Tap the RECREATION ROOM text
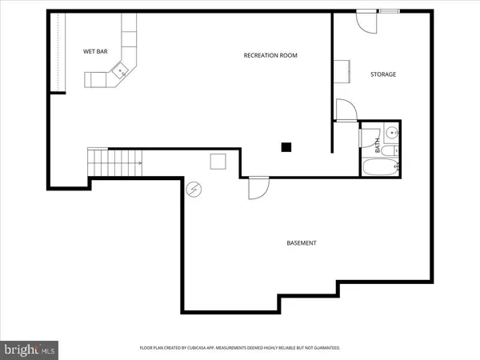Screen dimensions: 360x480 click(x=270, y=55)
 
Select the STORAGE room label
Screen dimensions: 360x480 click(x=382, y=74)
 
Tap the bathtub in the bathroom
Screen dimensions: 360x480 click(x=378, y=168)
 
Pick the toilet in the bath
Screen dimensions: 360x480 click(x=388, y=150)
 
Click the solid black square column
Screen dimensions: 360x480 click(x=286, y=146)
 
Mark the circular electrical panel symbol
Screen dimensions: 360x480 click(x=193, y=190)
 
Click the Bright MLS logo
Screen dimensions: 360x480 click(x=30, y=349)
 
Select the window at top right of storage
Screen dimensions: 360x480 click(x=390, y=11)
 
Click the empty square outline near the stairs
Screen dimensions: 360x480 click(x=218, y=162)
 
